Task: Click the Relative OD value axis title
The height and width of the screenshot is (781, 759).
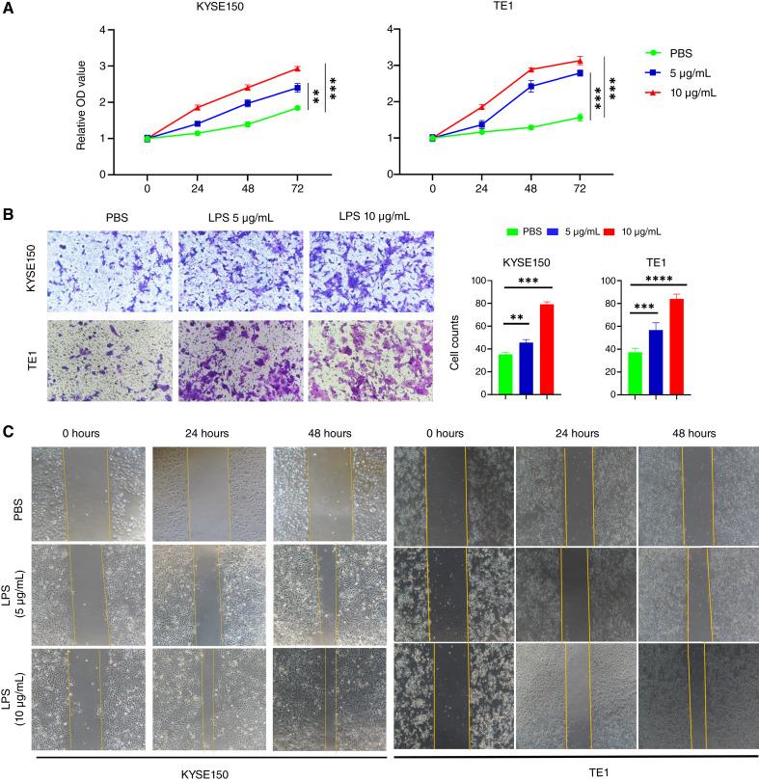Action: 84,101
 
